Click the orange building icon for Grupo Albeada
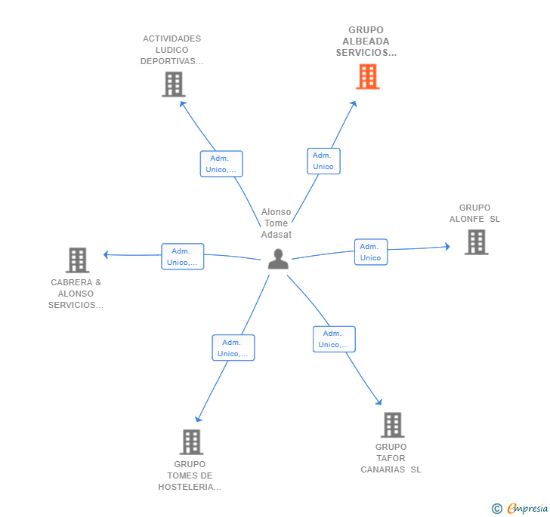[367, 76]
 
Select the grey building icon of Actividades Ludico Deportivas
[173, 84]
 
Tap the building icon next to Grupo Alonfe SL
[476, 242]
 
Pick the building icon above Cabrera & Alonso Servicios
[77, 260]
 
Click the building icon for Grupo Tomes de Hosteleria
[191, 442]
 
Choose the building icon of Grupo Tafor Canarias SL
[392, 425]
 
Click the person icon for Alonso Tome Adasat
[278, 259]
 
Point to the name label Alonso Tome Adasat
[276, 223]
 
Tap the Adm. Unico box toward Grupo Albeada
[323, 161]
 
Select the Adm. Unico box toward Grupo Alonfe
[370, 252]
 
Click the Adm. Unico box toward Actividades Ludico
[221, 164]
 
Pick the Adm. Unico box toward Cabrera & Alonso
[182, 257]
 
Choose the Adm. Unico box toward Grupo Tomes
[233, 348]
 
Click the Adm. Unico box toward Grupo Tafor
[334, 339]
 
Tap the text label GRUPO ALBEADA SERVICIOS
[366, 42]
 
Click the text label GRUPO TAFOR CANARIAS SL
[391, 458]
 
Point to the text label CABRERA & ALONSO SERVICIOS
[76, 294]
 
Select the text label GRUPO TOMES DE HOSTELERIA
[190, 475]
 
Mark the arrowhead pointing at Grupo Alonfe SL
[447, 246]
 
